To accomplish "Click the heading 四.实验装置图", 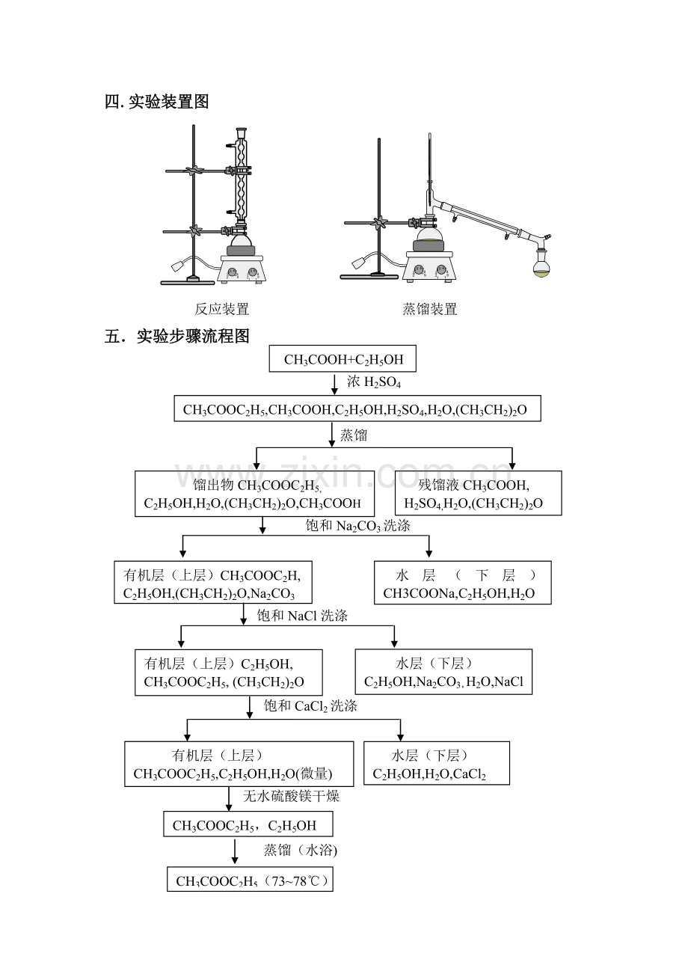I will tap(156, 102).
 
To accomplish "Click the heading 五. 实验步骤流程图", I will tap(176, 337).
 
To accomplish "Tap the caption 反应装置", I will tap(222, 309).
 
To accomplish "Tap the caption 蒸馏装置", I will tap(429, 309).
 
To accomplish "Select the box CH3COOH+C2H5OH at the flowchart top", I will tap(343, 360).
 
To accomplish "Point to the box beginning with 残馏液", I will tap(478, 493).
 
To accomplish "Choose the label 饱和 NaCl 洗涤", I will tap(302, 616).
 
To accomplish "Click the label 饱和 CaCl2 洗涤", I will tap(310, 705).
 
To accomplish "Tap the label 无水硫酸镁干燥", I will tap(291, 796).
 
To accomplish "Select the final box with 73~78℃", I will tap(250, 880).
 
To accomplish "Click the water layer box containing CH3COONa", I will tap(462, 584).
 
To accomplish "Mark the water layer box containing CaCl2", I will tap(436, 763).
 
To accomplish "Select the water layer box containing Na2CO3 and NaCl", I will tap(443, 672).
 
